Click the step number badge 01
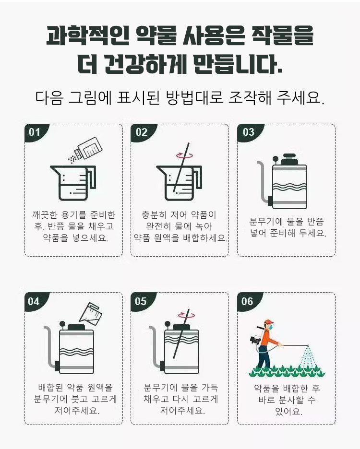[35, 132]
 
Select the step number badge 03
[249, 132]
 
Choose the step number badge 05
[141, 302]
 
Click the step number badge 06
[248, 302]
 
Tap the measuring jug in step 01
[73, 183]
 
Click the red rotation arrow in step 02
[184, 155]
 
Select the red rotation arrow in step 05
[186, 315]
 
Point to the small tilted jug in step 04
[90, 313]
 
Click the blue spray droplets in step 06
[308, 356]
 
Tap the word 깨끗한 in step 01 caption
[45, 215]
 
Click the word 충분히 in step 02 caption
[154, 215]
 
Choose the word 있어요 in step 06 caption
[288, 412]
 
